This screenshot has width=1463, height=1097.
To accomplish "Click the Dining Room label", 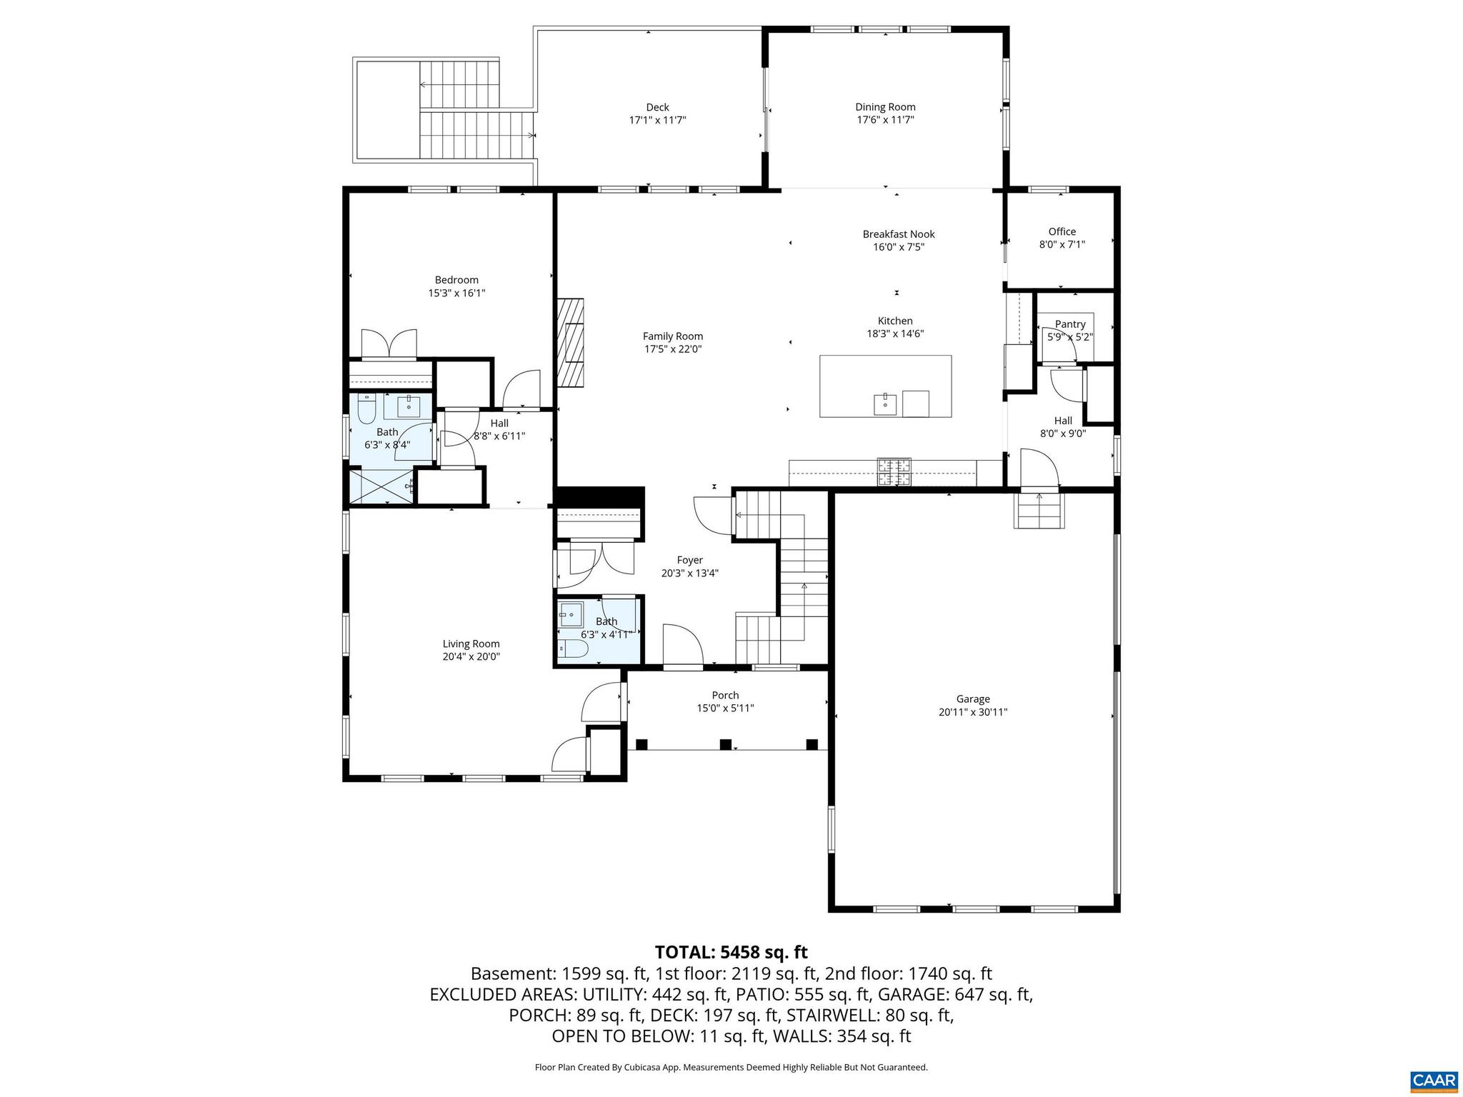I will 885,107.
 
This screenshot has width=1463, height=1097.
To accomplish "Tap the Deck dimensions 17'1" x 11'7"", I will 657,121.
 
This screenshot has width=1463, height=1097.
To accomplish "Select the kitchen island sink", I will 885,404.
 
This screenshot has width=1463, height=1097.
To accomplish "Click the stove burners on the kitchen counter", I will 894,471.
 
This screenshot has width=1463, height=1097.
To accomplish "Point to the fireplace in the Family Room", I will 571,342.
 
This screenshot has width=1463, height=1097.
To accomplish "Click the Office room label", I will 1062,231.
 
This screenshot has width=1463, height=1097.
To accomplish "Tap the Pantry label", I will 1069,324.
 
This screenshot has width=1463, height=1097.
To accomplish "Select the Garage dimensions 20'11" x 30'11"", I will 973,712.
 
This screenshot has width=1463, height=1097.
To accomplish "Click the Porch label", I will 725,695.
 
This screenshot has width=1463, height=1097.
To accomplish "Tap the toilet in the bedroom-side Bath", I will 366,410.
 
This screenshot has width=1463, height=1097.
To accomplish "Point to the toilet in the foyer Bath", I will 574,649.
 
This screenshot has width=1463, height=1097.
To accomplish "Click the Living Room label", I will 471,643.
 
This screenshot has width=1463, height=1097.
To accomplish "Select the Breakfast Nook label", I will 898,234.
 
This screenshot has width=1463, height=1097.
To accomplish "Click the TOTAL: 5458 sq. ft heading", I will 731,952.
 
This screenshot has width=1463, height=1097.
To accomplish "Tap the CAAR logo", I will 1434,1081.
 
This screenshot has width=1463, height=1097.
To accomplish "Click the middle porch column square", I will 726,744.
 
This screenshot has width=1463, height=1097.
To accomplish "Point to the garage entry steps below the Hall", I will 1039,511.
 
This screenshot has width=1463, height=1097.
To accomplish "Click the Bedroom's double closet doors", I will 389,344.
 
